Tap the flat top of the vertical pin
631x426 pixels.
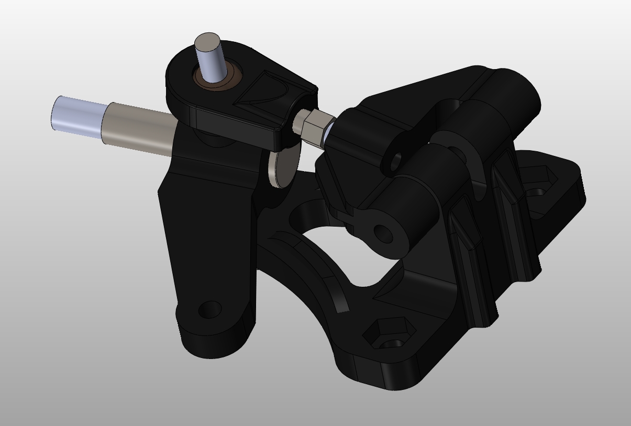click(x=207, y=42)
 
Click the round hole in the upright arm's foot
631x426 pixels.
click(x=209, y=309)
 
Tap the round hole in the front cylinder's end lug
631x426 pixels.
click(x=383, y=233)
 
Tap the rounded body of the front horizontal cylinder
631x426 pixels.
click(x=414, y=209)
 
